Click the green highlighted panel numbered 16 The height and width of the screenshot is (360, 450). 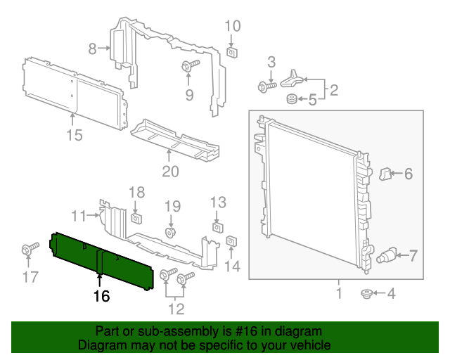tap(102, 260)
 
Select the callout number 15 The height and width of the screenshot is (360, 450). tap(75, 135)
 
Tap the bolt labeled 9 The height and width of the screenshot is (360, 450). tap(190, 66)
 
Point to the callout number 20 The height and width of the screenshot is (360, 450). tap(170, 172)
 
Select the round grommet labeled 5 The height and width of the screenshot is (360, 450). tap(289, 100)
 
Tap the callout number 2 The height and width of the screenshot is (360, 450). tap(333, 89)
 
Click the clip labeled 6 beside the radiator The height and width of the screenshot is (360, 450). tap(385, 173)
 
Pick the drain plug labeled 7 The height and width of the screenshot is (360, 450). tap(387, 255)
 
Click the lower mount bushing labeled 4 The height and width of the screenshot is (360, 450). tap(366, 292)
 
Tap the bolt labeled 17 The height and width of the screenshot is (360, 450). tap(30, 250)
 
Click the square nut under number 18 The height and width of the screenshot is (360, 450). tap(137, 214)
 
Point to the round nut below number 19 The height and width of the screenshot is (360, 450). tap(170, 232)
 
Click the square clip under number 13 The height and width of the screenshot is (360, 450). tap(218, 226)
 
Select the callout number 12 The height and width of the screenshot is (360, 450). tap(176, 308)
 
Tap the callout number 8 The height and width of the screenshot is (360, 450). tap(92, 49)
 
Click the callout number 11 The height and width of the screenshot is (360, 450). tap(78, 214)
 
